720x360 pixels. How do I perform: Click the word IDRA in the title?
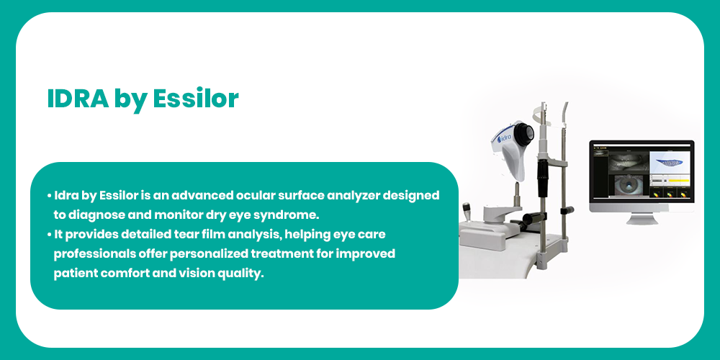tap(78, 98)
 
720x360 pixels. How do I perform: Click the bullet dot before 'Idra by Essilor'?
tap(49, 196)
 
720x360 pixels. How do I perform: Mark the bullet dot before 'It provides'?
tap(49, 234)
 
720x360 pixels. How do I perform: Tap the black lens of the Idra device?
tap(524, 133)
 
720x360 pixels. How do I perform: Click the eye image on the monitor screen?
tap(627, 186)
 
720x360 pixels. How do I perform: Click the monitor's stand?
tap(642, 218)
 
